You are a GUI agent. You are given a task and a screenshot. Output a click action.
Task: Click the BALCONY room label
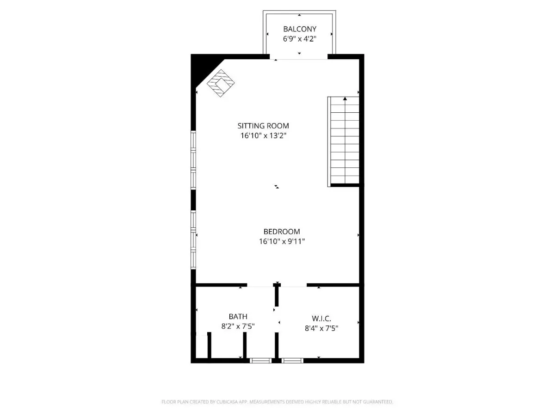(300, 29)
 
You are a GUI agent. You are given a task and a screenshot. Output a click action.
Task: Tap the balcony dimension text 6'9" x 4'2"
(300, 39)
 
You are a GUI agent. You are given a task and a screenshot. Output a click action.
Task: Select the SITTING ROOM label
(263, 126)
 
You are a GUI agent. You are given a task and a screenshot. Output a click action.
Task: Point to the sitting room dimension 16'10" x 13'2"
(263, 135)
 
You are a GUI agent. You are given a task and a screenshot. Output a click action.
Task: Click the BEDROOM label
(282, 232)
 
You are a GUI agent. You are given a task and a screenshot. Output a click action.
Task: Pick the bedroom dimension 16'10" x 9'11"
(282, 241)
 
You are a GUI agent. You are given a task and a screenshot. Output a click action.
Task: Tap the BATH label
(238, 317)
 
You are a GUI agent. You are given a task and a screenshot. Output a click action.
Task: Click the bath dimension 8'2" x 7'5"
(238, 326)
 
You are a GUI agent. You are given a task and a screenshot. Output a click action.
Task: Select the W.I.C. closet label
(321, 318)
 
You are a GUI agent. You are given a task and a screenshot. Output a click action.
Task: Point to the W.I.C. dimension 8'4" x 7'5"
(321, 328)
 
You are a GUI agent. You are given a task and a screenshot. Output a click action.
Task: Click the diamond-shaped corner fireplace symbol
(221, 83)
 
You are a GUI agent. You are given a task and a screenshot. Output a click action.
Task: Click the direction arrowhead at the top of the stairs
(345, 99)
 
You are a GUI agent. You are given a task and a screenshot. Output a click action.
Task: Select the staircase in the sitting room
(343, 142)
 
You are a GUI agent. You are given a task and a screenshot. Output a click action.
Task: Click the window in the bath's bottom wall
(261, 361)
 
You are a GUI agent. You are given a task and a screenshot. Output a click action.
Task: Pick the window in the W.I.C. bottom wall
(292, 361)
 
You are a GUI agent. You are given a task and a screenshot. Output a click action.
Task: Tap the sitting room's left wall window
(193, 160)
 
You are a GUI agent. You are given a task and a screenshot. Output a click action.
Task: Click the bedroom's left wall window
(193, 240)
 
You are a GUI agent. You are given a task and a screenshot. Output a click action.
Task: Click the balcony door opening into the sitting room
(299, 59)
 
